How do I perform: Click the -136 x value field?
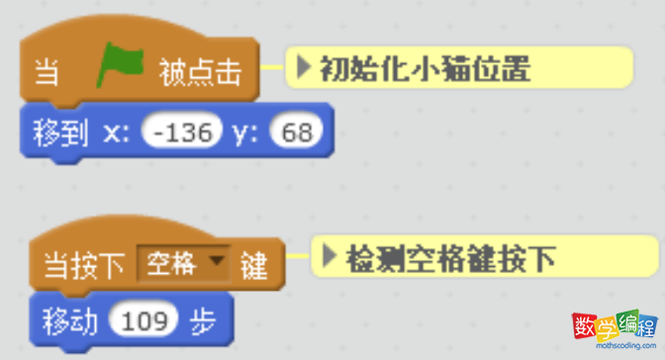point(179,133)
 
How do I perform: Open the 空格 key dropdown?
point(182,265)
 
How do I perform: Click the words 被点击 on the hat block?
point(200,72)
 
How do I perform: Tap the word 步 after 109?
point(204,320)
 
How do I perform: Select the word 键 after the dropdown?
point(254,265)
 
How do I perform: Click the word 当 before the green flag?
point(46,72)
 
